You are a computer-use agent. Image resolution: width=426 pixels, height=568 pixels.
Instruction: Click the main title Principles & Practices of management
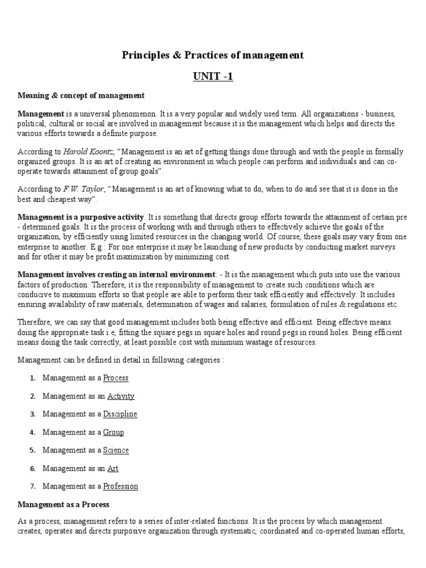point(213,55)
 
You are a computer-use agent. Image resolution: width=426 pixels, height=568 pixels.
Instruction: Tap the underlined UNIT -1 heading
point(213,77)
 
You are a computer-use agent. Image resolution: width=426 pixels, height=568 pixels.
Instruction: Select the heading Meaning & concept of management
point(81,95)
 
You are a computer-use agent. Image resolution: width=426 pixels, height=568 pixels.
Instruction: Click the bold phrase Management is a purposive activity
point(81,216)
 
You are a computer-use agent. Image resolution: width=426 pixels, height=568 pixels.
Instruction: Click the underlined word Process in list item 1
point(115,378)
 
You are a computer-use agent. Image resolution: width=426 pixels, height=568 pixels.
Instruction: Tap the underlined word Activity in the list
point(120,396)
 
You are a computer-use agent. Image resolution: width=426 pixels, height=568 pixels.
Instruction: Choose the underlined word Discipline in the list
point(120,414)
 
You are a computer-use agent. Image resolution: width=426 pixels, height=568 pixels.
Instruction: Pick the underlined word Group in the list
point(113,432)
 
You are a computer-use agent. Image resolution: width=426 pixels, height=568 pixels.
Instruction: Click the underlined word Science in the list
point(115,450)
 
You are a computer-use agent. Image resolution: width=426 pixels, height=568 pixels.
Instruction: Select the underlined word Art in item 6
point(113,468)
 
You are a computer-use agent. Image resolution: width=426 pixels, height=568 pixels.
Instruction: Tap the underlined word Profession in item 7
point(120,486)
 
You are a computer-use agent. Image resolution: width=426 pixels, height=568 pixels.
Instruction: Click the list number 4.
point(33,432)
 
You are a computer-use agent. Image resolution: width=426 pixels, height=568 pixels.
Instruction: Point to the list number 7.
point(33,486)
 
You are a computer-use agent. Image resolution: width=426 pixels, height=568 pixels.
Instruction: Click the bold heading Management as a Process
point(64,504)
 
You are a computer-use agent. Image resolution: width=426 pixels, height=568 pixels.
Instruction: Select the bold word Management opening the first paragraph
point(40,114)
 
